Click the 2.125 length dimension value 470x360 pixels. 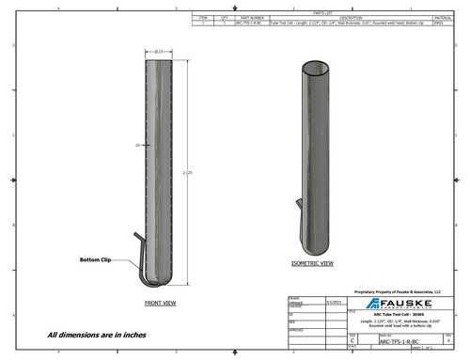click(188, 173)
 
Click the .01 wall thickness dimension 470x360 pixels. click(137, 146)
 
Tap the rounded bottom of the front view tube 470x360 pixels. click(162, 280)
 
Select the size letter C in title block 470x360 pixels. click(352, 344)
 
